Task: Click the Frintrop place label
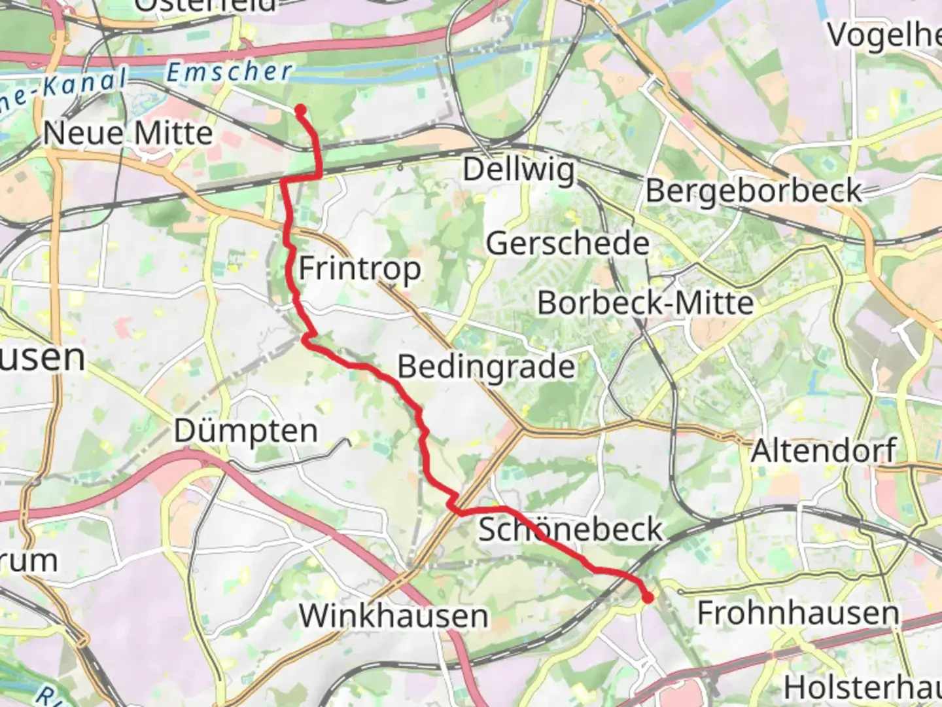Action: click(x=360, y=269)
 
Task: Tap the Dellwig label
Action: click(x=519, y=170)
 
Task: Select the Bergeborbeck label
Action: click(x=754, y=191)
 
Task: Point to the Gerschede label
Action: click(x=567, y=244)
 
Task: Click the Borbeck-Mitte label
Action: click(x=645, y=303)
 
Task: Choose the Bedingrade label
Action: click(x=486, y=366)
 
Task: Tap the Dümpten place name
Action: click(x=246, y=431)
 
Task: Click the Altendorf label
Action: click(x=823, y=450)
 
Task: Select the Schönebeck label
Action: click(x=570, y=529)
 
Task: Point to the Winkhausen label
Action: click(x=393, y=616)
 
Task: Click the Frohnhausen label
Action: click(x=797, y=613)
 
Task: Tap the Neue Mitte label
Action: click(x=128, y=134)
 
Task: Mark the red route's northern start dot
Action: click(x=300, y=110)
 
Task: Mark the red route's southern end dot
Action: click(x=648, y=597)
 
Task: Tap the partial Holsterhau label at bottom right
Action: click(x=862, y=687)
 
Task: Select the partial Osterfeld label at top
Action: click(x=206, y=5)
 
